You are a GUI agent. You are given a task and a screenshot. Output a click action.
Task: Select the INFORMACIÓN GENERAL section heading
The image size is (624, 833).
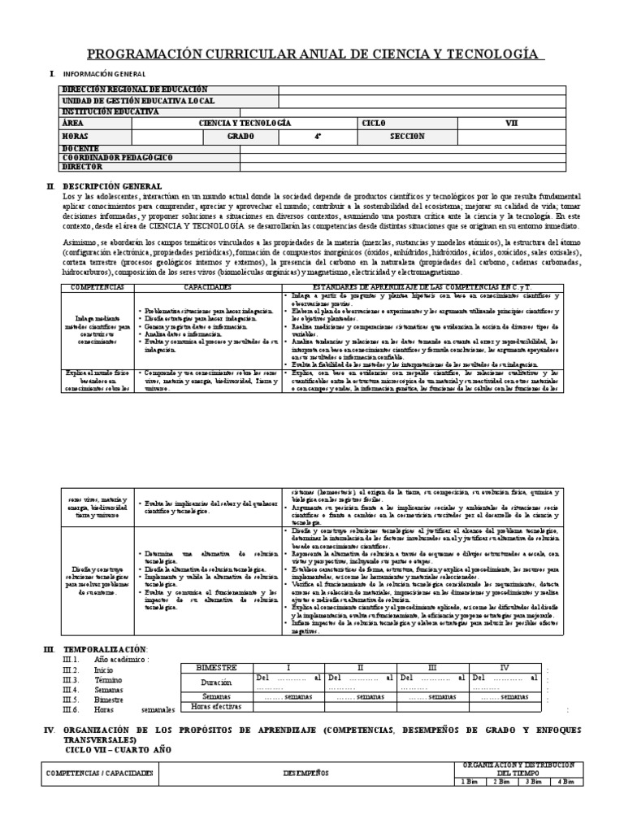tap(99, 74)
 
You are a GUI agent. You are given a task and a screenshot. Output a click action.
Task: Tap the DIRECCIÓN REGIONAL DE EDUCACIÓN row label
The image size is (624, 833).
tap(135, 89)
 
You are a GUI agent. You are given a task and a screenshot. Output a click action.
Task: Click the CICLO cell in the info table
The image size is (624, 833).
tap(375, 123)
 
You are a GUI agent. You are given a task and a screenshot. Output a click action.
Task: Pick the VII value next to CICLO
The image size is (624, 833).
tap(511, 123)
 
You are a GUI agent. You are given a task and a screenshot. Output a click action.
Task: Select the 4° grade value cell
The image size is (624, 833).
tap(295, 137)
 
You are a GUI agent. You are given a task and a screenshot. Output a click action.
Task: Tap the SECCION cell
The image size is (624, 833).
tap(407, 137)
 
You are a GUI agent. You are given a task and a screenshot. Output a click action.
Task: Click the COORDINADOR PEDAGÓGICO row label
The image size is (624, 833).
tap(117, 157)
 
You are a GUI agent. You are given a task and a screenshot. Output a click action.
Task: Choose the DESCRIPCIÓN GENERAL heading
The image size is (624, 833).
tap(113, 186)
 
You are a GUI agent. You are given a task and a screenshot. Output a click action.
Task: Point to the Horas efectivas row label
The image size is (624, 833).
tap(215, 707)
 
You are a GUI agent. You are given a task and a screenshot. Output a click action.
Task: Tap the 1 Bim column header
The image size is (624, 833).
tap(468, 782)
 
